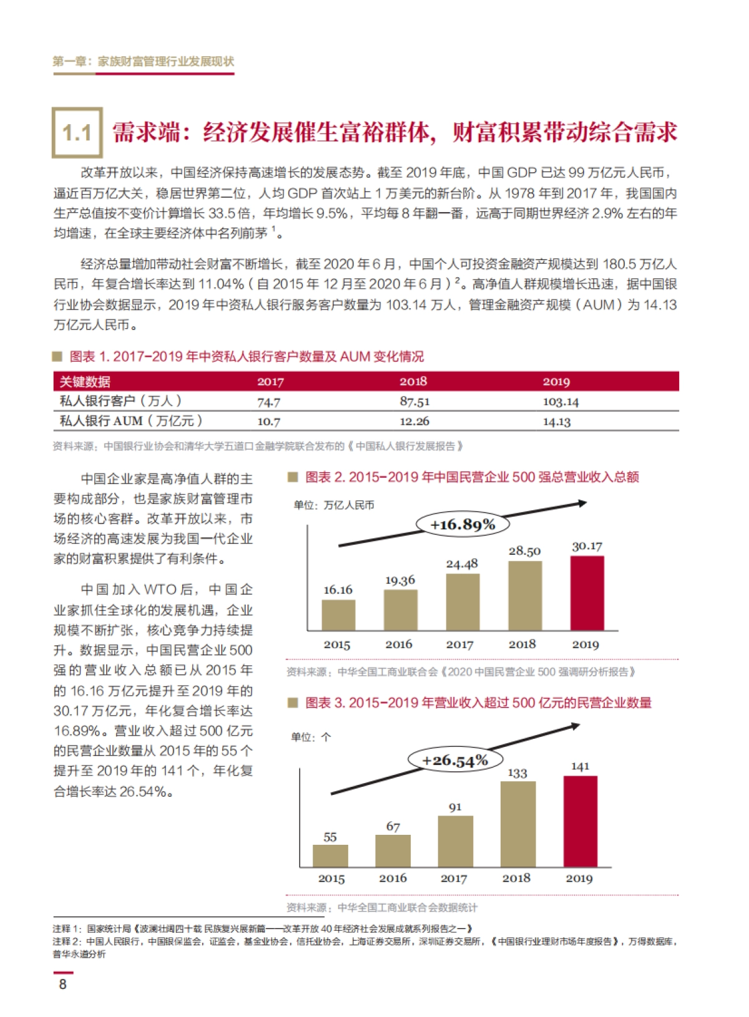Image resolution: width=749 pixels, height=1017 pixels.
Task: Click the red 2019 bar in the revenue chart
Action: (587, 593)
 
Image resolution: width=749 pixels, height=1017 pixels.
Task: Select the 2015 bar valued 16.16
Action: (338, 615)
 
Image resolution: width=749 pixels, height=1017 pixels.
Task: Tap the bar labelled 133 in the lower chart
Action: (518, 824)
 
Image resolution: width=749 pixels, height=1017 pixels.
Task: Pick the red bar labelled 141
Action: (580, 821)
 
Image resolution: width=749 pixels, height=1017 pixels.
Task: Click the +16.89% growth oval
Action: (463, 524)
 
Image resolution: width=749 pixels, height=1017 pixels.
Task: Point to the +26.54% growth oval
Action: (455, 760)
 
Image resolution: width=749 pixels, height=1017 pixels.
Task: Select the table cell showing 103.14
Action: (561, 402)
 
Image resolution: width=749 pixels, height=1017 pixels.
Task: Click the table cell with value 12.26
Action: (414, 421)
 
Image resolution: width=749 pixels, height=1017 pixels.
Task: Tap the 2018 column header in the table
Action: (413, 381)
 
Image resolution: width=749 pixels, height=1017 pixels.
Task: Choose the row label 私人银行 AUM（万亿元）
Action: (131, 421)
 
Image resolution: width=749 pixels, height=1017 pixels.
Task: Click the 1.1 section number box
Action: (77, 132)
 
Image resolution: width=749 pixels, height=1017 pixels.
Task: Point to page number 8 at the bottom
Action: (62, 984)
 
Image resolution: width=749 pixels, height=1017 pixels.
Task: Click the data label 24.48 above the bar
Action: (462, 564)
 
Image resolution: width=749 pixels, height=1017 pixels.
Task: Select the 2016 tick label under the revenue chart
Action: (399, 645)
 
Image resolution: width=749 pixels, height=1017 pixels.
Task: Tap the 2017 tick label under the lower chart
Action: (454, 878)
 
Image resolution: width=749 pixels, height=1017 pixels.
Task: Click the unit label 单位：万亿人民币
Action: (334, 505)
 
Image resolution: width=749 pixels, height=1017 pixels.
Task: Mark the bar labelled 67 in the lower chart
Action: (393, 850)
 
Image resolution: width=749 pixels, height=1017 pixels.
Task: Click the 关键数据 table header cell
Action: (85, 381)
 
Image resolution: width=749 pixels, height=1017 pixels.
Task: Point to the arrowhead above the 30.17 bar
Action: (582, 503)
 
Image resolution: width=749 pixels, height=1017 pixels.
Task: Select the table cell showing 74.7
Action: (268, 402)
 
